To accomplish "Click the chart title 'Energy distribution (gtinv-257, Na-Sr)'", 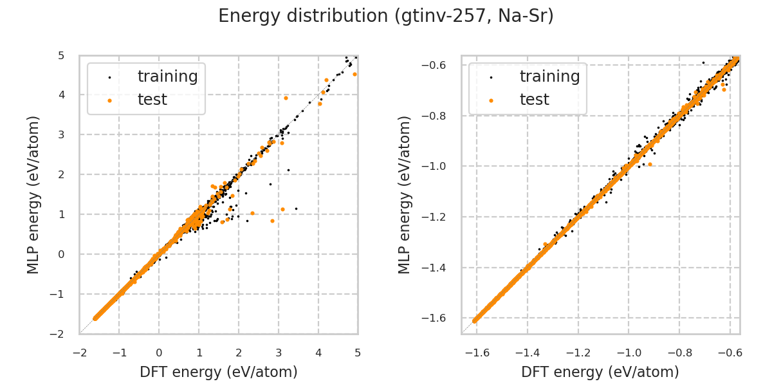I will tap(386, 16).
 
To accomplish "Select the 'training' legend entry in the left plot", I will tap(167, 77).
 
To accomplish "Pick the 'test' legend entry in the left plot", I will tap(152, 100).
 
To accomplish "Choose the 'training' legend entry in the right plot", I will tap(549, 77).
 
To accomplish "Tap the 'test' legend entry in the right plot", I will tap(534, 100).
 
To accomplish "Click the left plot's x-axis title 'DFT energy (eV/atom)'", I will tap(219, 372).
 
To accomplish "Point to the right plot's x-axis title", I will tap(600, 372).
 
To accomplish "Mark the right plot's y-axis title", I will tap(404, 194).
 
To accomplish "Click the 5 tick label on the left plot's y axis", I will tap(60, 55).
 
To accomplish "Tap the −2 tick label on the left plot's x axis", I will tap(80, 353).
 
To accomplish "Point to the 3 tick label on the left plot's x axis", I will tap(278, 353).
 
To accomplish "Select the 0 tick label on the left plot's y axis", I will tap(60, 254).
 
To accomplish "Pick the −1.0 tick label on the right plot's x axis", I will tap(629, 353).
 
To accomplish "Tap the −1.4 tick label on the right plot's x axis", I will tap(527, 353).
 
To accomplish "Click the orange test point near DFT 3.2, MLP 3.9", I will tap(286, 98).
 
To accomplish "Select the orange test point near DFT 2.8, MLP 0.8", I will tap(272, 221).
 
